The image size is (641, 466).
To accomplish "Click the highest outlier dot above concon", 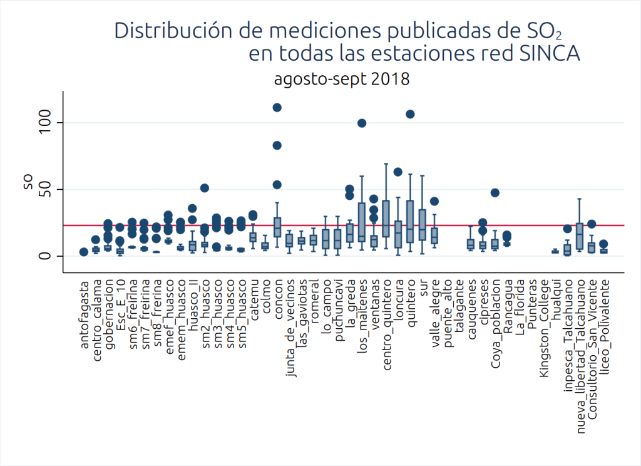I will tap(277, 108).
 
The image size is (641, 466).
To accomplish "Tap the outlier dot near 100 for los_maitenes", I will tap(362, 123).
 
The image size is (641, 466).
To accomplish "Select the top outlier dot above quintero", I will tap(410, 114).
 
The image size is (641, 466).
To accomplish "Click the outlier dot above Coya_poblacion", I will tap(495, 193).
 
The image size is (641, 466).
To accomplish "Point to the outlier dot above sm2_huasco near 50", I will tap(205, 188).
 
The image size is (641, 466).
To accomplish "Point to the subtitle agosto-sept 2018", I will tap(341, 80).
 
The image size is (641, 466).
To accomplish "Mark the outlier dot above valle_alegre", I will tap(434, 202).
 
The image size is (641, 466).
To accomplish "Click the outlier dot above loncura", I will tap(398, 172).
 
